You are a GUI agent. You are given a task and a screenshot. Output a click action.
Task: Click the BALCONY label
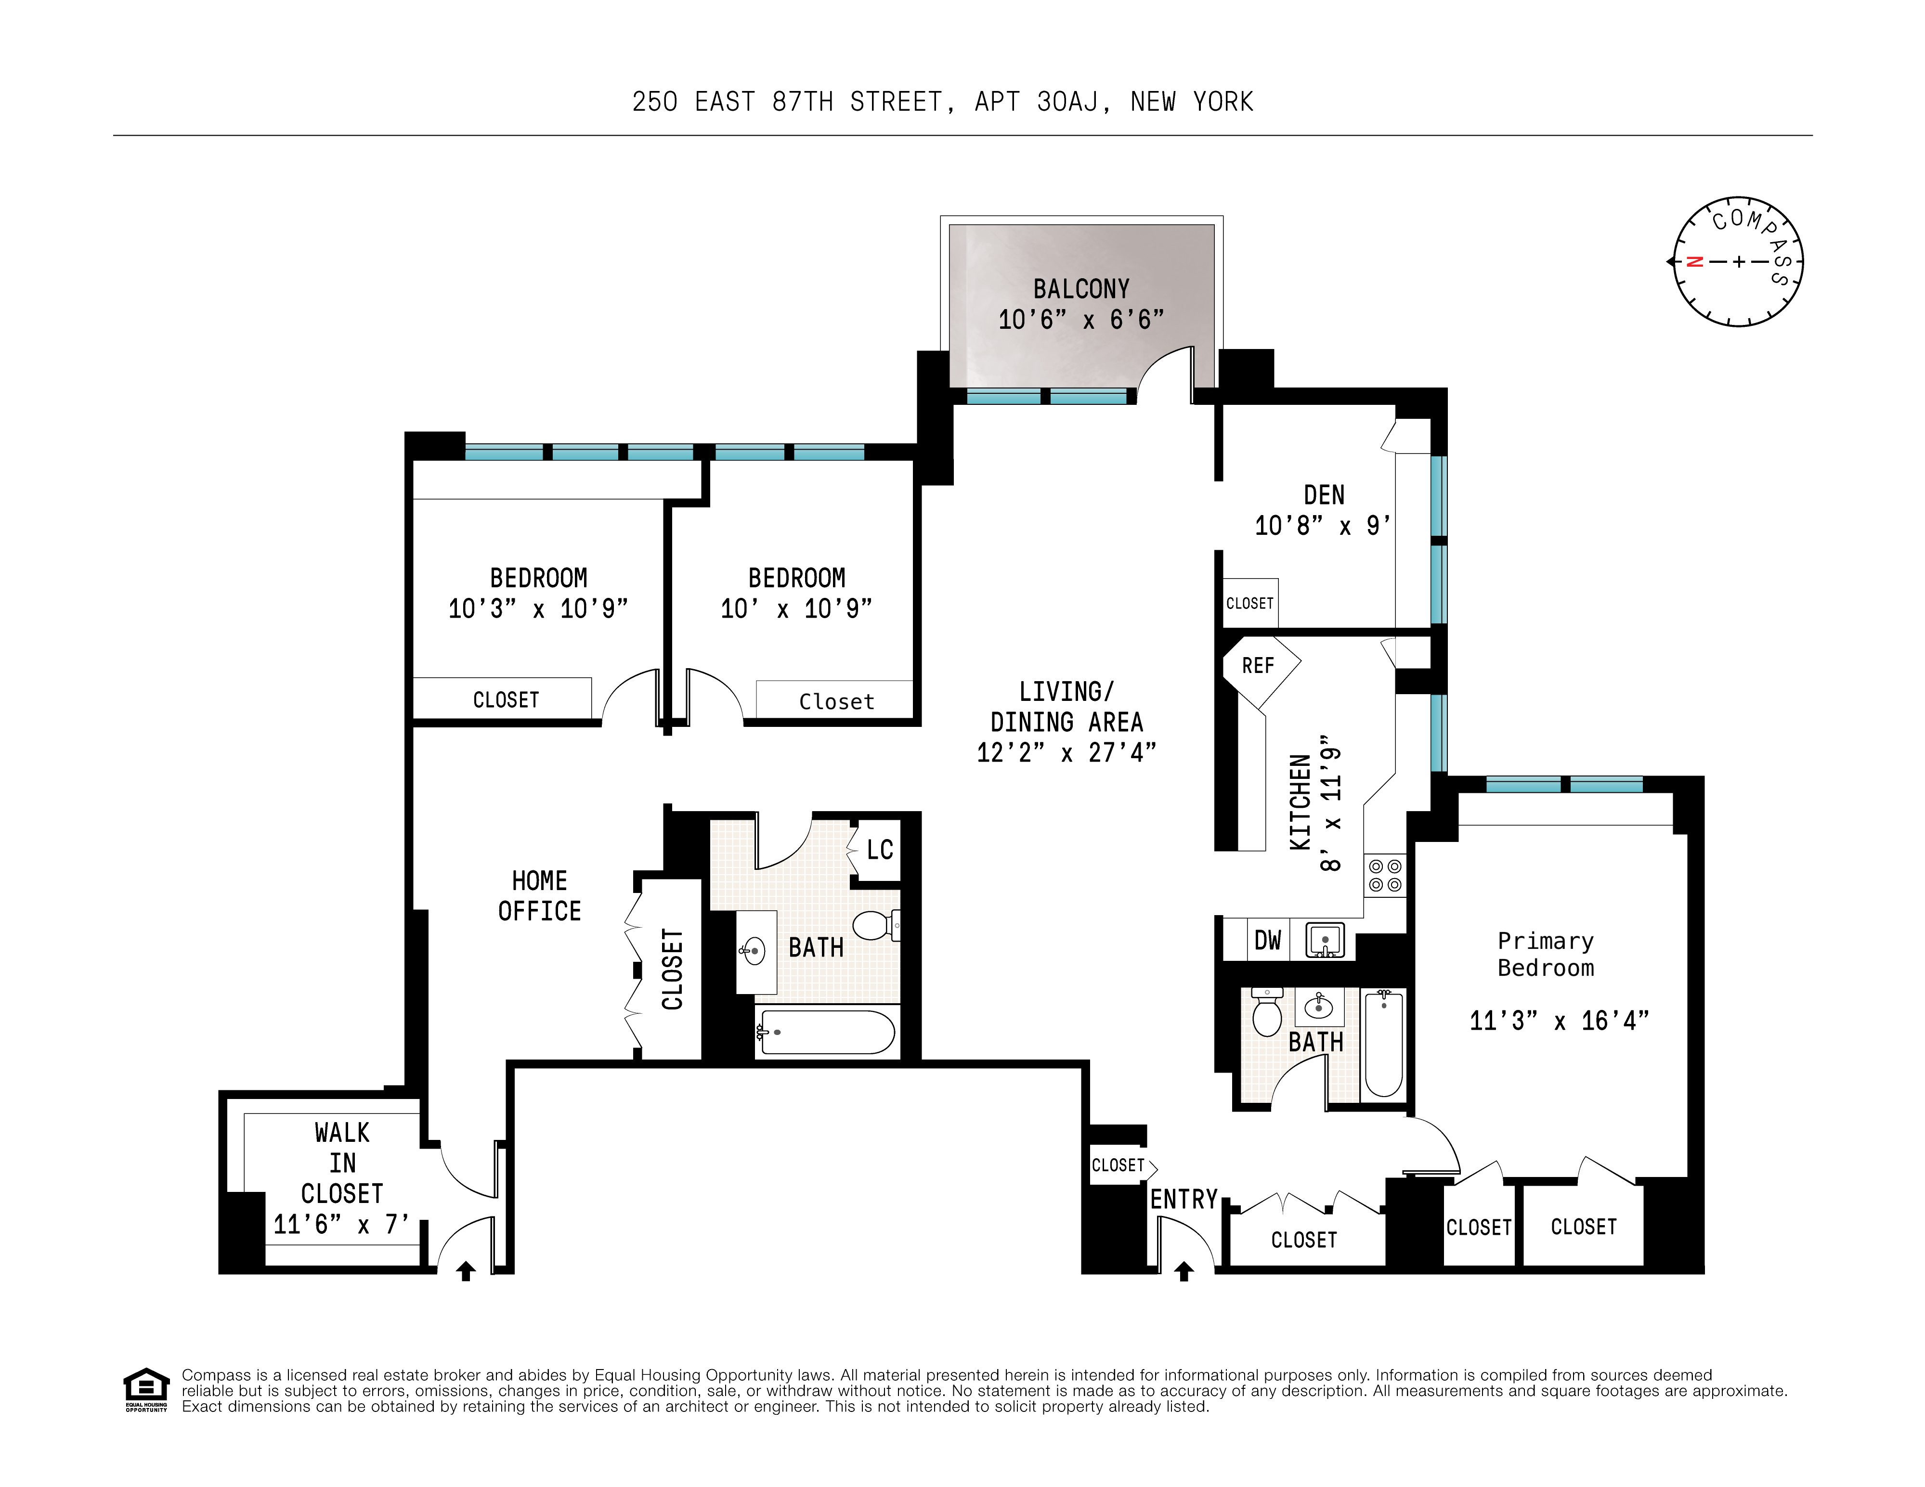coord(1080,289)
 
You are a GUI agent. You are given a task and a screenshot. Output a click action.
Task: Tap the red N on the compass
coord(1693,262)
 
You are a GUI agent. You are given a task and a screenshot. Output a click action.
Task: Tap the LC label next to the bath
coord(880,850)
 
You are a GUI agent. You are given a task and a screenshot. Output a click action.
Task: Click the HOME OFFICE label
coord(539,895)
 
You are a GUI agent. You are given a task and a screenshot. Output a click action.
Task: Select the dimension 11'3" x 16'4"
coord(1558,1021)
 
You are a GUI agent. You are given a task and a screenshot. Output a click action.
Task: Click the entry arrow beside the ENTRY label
coord(1184,1271)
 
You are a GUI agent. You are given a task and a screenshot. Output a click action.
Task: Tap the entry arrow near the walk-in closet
coord(466,1271)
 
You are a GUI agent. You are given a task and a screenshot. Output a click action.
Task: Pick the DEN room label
coord(1324,495)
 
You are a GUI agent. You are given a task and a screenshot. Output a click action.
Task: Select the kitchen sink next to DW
coord(1324,940)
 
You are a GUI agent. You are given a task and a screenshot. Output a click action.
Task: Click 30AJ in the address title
coord(1067,102)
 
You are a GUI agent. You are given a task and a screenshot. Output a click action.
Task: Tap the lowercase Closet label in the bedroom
coord(836,702)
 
